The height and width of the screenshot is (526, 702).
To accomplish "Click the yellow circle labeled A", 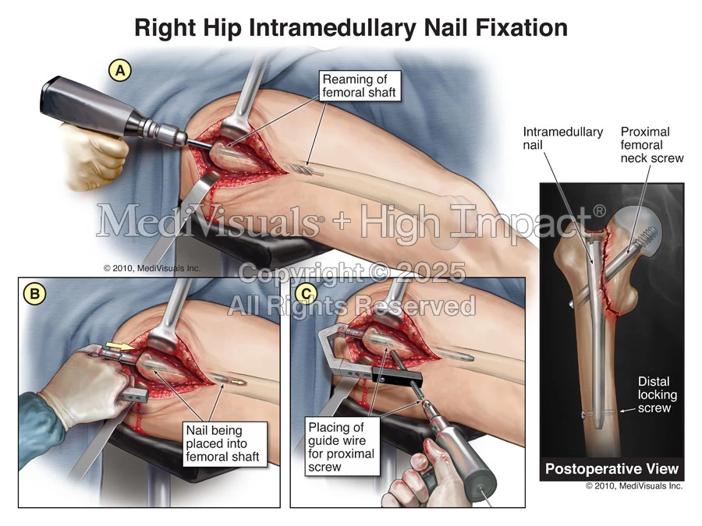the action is [x=120, y=71].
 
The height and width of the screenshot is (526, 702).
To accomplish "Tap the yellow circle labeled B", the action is [x=34, y=294].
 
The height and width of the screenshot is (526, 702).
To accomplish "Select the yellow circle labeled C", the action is [x=307, y=294].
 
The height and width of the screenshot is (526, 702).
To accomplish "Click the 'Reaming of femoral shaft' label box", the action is [x=359, y=86].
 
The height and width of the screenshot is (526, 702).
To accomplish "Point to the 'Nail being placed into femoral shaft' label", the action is [x=222, y=443].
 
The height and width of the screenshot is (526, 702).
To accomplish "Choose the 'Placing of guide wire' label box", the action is [x=342, y=447].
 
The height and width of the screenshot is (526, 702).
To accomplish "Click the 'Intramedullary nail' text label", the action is [x=562, y=138].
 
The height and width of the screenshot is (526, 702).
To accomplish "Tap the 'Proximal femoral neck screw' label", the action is [x=652, y=145].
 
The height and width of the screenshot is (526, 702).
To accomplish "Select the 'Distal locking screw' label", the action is [x=658, y=394].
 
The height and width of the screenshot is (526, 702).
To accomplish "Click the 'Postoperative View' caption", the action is [x=612, y=469].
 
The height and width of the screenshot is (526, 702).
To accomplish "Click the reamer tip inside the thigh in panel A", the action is [x=305, y=170].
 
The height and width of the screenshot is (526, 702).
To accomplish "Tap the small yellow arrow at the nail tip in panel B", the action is [x=241, y=383].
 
